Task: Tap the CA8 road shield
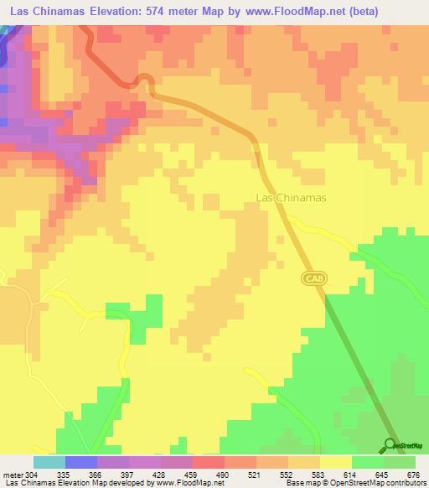(311, 277)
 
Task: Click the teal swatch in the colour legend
(49, 462)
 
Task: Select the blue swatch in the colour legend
(81, 462)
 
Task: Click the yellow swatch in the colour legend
(336, 462)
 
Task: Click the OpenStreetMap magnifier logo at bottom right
(390, 445)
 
